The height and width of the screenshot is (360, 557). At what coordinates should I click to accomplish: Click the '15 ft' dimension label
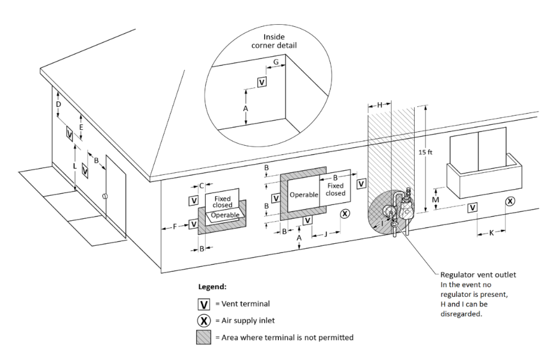425,152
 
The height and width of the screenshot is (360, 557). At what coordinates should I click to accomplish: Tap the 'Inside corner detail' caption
274,41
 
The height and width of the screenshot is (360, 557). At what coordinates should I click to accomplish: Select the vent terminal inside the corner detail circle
261,82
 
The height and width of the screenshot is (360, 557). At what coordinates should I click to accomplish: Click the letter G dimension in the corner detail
276,62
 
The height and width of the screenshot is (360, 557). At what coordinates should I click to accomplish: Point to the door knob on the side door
105,196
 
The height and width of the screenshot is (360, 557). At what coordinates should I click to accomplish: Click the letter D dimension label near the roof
58,104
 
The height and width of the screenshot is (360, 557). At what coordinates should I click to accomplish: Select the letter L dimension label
75,166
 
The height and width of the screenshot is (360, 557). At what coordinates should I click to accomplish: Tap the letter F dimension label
175,227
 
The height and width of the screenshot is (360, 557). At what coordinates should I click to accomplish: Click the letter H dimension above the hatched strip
380,105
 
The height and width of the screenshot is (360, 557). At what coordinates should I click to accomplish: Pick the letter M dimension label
436,200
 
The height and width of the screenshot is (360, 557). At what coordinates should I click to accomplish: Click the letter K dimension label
491,233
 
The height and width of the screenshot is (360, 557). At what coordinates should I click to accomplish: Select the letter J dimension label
326,234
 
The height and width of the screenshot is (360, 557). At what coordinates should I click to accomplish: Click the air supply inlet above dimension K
510,201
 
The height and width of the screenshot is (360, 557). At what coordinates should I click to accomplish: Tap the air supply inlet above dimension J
345,214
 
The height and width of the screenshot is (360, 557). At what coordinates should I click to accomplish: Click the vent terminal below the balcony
472,208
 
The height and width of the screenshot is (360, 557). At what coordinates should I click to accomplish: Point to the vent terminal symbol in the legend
204,304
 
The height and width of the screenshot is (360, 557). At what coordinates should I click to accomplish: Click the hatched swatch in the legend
204,337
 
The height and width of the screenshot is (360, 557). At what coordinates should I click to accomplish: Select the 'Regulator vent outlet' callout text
478,275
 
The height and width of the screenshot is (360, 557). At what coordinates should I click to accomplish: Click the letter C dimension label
201,186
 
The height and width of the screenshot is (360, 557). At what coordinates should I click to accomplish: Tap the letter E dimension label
81,127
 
